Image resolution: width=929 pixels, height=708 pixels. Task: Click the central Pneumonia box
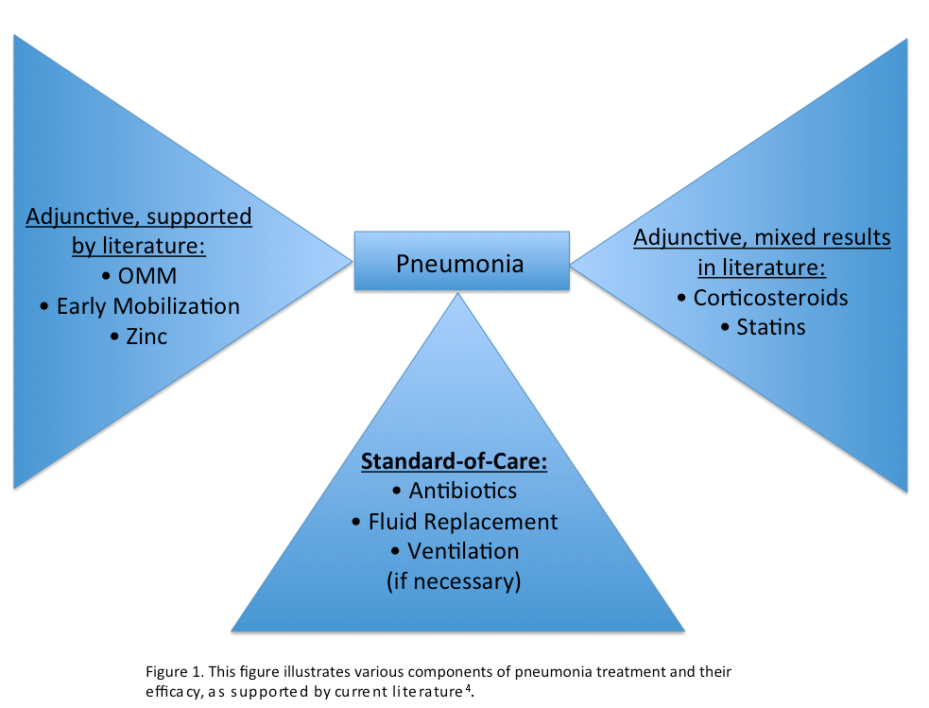(x=461, y=262)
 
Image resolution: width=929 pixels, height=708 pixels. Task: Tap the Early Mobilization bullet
(x=139, y=306)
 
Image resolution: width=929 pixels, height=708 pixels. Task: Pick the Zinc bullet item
(x=139, y=336)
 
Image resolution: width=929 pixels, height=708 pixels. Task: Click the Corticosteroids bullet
(x=763, y=298)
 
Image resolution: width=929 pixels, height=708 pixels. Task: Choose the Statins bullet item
(x=763, y=327)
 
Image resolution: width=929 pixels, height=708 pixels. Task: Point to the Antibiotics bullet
(x=455, y=491)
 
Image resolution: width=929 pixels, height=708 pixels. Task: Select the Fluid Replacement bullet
(x=455, y=521)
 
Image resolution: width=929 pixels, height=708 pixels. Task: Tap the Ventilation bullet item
(x=455, y=550)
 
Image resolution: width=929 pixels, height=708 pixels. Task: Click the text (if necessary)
(x=455, y=580)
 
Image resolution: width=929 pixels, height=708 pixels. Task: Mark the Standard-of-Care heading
(x=455, y=463)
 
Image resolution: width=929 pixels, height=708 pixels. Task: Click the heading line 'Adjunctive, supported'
(x=139, y=217)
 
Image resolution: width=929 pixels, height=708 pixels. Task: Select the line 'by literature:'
(x=139, y=247)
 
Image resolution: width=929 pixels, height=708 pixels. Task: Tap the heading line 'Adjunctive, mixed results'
(x=762, y=237)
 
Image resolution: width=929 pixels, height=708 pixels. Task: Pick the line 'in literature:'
(x=762, y=268)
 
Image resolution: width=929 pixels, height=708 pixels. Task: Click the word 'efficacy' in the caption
(x=167, y=691)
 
